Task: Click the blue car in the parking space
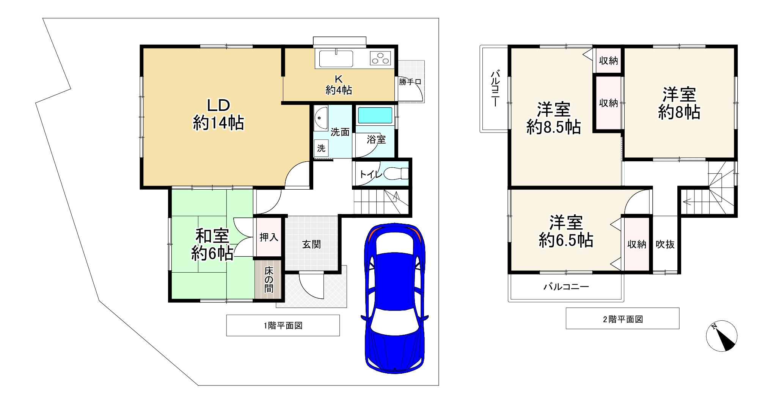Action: (394, 298)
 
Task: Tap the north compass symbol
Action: (721, 336)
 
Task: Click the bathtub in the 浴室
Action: (375, 115)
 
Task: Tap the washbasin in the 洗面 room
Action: (321, 119)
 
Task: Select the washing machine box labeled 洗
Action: (321, 148)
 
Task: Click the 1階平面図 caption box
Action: (283, 325)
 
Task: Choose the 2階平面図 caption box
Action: (623, 318)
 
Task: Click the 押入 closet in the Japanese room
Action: (269, 237)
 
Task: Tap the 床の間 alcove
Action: (269, 279)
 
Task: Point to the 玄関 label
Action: (311, 244)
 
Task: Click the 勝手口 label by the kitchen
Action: (410, 82)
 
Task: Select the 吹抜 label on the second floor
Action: (665, 244)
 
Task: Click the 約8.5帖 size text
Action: (554, 127)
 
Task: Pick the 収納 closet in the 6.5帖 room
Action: (637, 244)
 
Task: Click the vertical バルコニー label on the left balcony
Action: (495, 89)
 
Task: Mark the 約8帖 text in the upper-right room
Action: (679, 112)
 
